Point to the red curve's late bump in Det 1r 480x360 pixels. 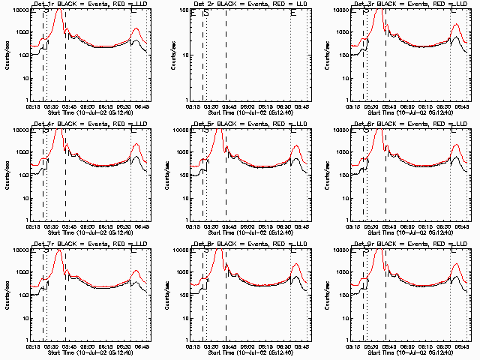[x=136, y=29]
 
